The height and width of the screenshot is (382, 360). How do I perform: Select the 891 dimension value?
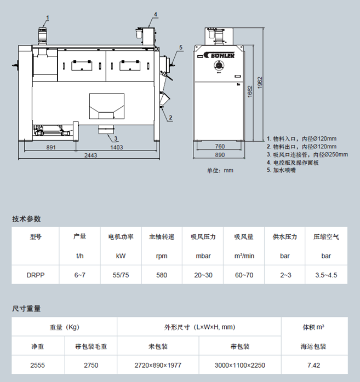click(x=51, y=147)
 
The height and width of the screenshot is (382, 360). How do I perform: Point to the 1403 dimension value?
click(x=117, y=147)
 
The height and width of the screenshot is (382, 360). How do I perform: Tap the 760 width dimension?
click(x=219, y=147)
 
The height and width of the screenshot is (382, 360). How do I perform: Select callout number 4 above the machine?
click(x=155, y=14)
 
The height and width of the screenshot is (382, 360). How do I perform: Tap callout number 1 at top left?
click(x=48, y=18)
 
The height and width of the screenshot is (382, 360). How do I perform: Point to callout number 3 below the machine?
click(x=116, y=138)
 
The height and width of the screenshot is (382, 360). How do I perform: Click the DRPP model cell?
click(x=36, y=275)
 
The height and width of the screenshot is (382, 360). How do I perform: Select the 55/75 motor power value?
click(x=121, y=275)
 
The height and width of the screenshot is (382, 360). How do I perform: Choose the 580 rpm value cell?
click(x=162, y=275)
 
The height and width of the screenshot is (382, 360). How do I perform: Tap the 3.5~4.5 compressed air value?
click(x=326, y=275)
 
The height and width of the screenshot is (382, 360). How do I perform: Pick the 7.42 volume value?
click(x=313, y=364)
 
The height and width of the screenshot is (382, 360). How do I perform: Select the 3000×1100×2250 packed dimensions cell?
click(x=239, y=364)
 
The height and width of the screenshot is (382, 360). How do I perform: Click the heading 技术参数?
click(x=27, y=219)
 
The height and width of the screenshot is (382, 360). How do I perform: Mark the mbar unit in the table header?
click(x=203, y=256)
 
